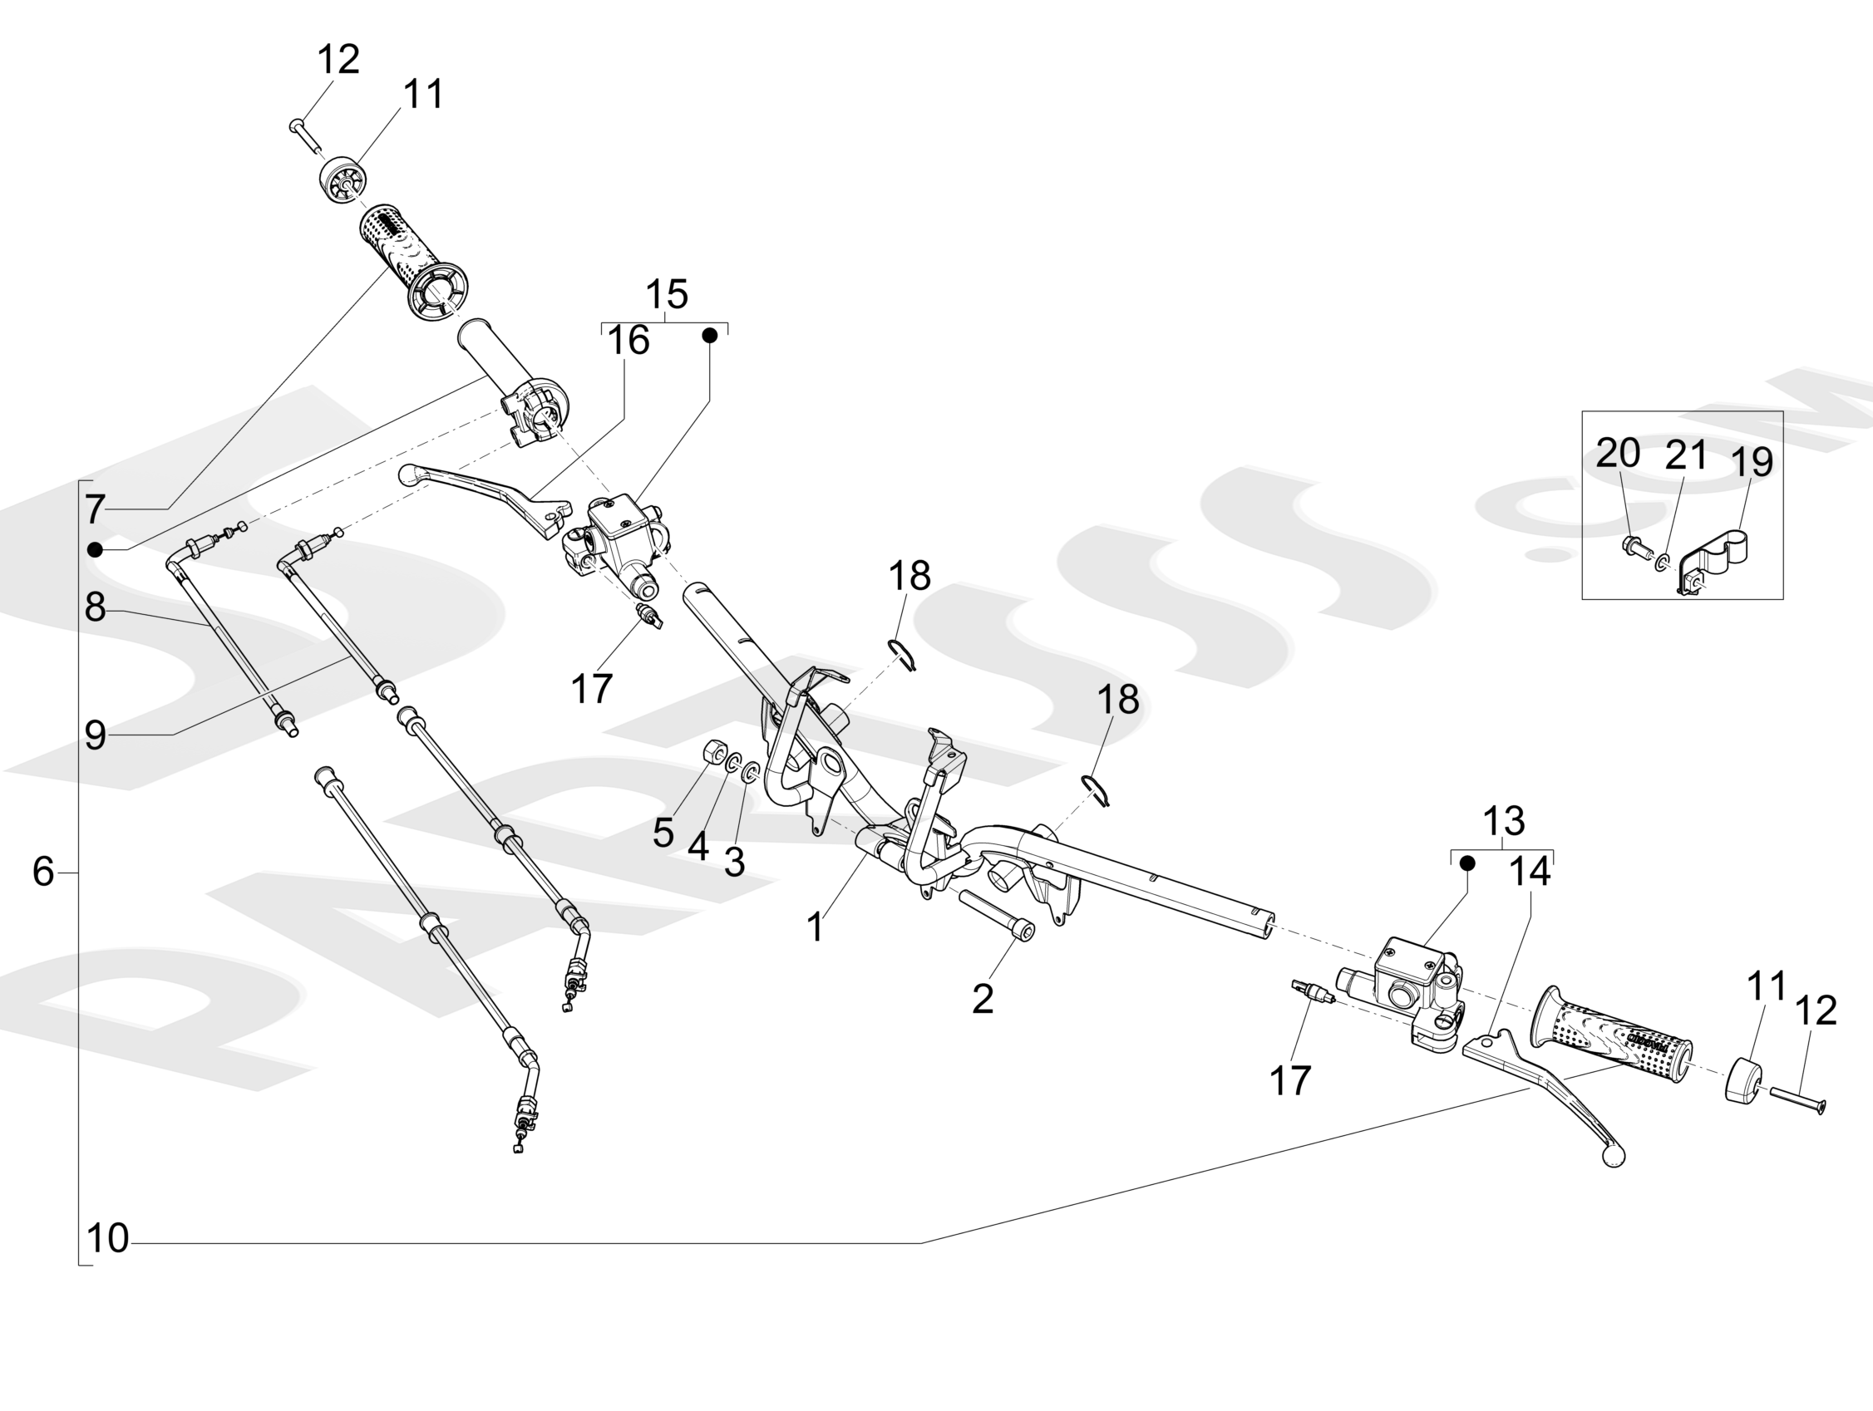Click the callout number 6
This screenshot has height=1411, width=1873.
(x=43, y=871)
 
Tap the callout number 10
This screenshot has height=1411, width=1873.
(x=107, y=1238)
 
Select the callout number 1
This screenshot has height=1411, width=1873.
(x=815, y=927)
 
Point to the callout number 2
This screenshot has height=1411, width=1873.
(x=983, y=1000)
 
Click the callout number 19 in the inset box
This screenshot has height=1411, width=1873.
(x=1751, y=462)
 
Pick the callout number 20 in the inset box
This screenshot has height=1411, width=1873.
(x=1617, y=454)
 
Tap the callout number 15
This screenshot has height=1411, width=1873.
(x=667, y=294)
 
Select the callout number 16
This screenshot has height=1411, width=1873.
(x=628, y=340)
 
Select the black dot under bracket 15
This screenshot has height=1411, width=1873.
(x=711, y=336)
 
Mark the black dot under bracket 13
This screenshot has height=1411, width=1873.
(x=1467, y=863)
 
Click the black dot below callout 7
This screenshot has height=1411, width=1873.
(x=95, y=550)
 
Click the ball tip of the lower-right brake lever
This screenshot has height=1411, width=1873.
(x=1614, y=1158)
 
